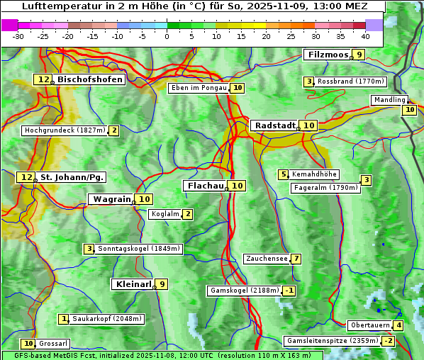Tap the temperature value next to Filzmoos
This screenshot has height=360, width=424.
(x=359, y=55)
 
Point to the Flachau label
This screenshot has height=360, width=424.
(x=205, y=186)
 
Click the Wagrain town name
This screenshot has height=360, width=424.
(x=112, y=199)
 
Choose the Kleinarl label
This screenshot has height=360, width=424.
(x=133, y=284)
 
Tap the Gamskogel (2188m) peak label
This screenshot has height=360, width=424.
(x=245, y=291)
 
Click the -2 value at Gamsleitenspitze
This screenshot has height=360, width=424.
(x=388, y=341)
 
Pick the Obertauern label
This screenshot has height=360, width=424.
(x=370, y=325)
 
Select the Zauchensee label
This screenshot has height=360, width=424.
(x=267, y=259)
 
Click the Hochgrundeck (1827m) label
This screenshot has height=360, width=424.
(x=65, y=130)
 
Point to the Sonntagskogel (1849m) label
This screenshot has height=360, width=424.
(x=139, y=249)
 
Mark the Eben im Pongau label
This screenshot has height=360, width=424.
(x=199, y=88)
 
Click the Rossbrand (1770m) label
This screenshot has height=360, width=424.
(x=350, y=81)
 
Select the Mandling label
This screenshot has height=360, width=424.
(x=389, y=100)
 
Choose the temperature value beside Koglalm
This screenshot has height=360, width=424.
(x=187, y=214)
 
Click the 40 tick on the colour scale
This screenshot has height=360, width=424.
(x=365, y=36)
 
